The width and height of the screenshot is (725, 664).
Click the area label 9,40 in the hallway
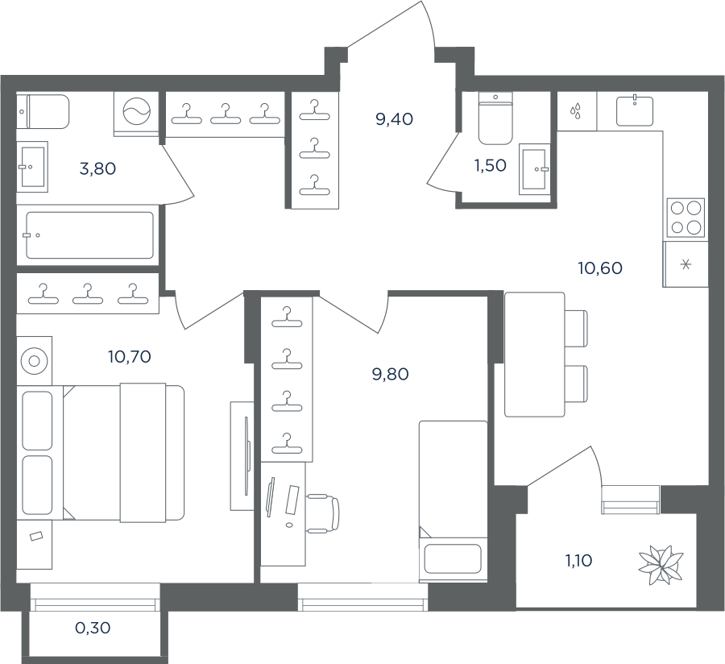coord(395,119)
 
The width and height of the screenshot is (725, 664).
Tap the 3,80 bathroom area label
coord(97,168)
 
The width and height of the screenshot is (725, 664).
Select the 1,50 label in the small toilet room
coord(490,165)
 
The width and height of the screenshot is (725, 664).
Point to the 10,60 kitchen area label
coord(600,268)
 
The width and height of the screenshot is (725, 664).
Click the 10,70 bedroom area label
coord(130,356)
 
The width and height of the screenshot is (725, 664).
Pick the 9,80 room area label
coord(390,374)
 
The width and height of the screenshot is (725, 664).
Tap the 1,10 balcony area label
coord(578,561)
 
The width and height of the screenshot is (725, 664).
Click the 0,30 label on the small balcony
coord(93,628)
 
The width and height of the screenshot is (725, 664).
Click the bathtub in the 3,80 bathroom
coord(89,234)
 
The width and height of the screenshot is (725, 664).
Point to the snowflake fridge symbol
coord(686,265)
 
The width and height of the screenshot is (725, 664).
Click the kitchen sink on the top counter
coord(635,111)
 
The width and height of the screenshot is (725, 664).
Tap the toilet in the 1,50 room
coord(495,118)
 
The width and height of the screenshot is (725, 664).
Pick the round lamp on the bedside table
coord(34,361)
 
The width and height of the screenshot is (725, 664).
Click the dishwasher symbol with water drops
coord(576,111)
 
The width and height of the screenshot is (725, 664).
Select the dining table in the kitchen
coord(535,355)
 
